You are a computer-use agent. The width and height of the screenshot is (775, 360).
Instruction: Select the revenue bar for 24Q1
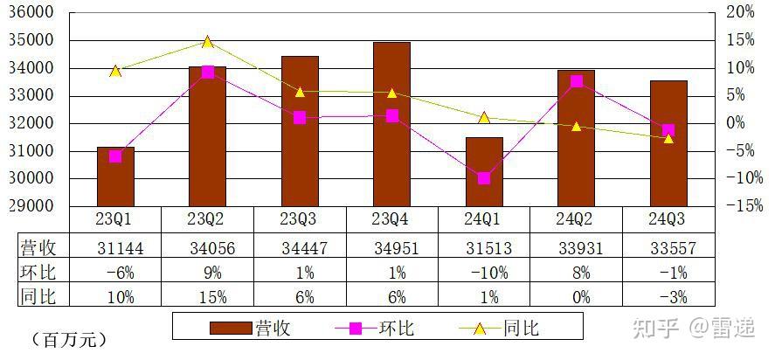484,171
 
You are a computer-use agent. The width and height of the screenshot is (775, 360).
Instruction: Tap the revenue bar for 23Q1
115,177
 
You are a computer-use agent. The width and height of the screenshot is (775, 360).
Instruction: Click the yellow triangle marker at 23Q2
207,42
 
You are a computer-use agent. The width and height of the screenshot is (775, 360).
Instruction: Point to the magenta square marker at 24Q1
484,178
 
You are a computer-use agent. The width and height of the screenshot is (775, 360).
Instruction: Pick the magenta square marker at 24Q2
577,81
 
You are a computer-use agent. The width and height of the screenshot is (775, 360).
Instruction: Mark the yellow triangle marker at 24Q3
668,138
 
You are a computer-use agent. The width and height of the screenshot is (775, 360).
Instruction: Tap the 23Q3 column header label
300,217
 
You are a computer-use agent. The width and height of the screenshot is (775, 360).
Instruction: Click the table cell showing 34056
207,250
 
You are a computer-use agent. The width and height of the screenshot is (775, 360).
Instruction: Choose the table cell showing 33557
668,250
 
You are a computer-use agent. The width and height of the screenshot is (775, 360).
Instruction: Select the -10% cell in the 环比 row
484,273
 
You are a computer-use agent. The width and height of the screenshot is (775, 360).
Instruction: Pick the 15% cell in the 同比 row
207,297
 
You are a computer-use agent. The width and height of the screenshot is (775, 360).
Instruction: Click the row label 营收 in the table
38,250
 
